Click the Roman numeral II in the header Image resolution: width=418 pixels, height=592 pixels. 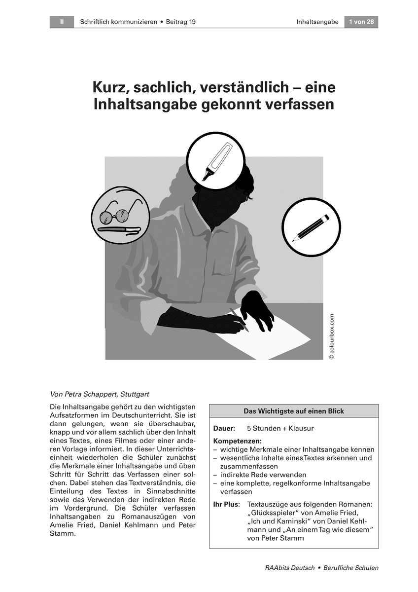point(62,22)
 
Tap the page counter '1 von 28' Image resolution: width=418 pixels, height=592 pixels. point(361,22)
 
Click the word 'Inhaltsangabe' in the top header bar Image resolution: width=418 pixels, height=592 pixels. point(317,22)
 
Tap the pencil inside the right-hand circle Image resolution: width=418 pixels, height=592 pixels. point(310,227)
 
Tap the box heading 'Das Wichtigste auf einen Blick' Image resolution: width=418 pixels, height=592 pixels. point(294,411)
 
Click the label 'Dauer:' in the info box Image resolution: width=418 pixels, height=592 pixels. point(224,429)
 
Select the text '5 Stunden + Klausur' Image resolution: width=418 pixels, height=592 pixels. point(280,429)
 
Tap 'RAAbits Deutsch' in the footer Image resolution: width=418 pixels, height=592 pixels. point(290,568)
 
